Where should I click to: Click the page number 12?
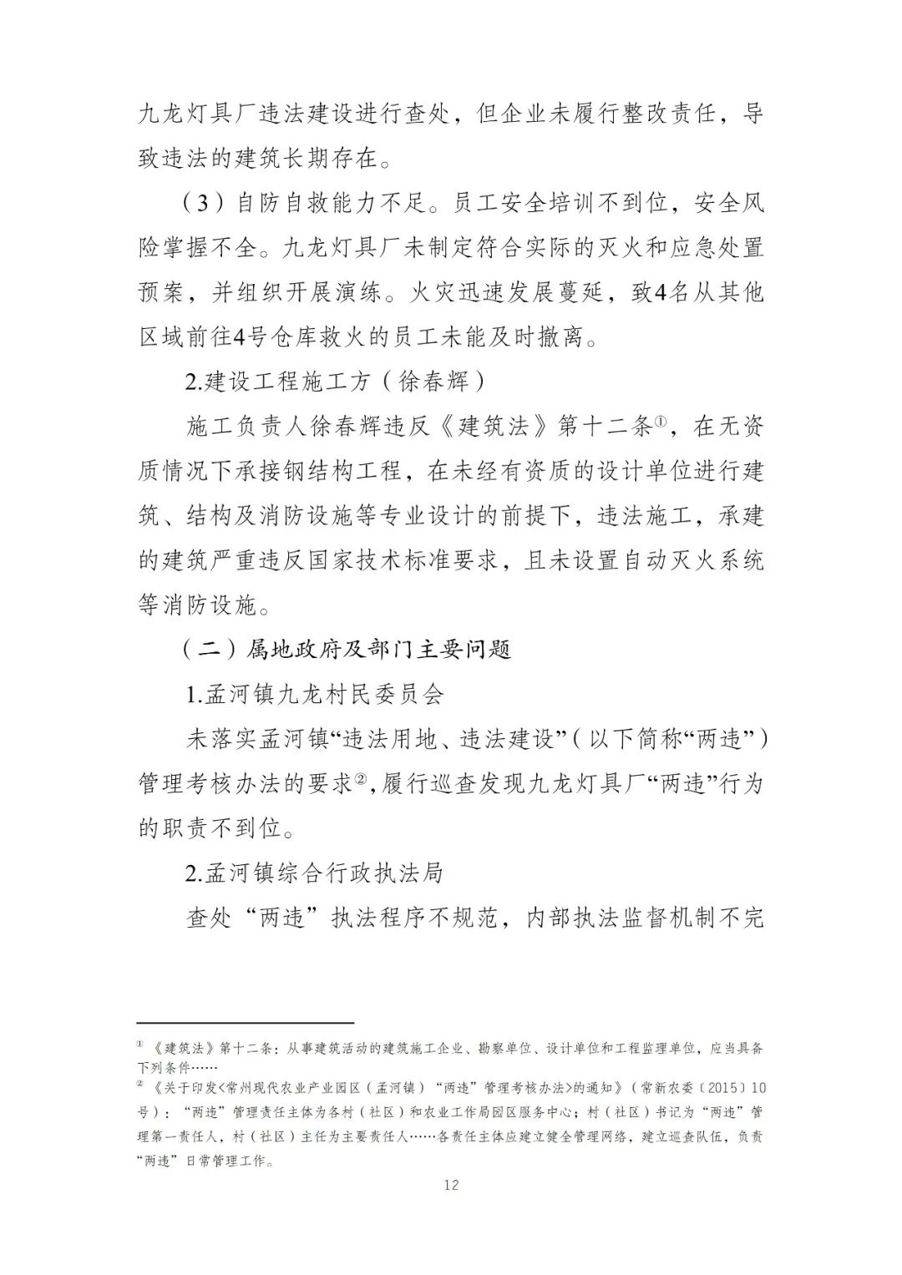tap(452, 1185)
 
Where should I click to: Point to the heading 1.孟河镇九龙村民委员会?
tap(315, 695)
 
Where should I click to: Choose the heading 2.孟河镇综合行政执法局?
tap(314, 873)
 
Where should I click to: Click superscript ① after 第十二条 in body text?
tap(659, 422)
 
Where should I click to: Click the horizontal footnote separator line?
tap(246, 1021)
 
